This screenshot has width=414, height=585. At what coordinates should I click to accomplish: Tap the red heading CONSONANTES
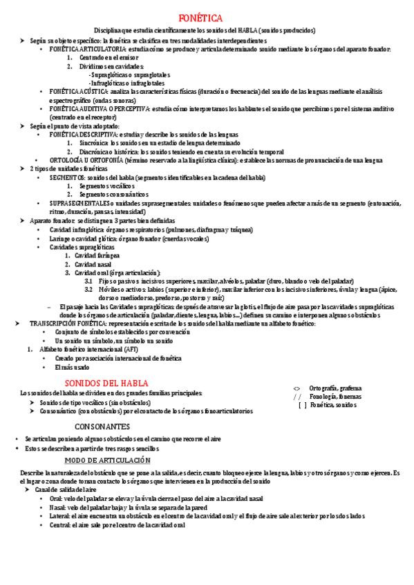pos(102,426)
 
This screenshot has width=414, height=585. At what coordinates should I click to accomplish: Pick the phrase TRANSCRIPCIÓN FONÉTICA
pos(66,323)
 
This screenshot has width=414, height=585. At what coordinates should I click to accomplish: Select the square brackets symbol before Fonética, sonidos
pos(302,406)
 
